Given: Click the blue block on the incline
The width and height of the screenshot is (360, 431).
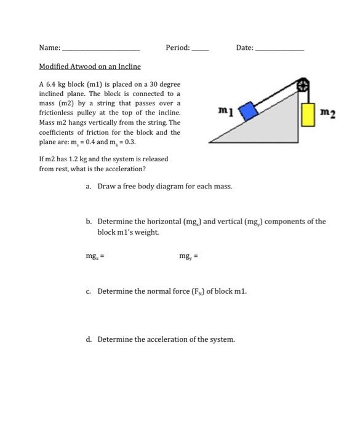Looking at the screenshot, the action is [x=249, y=111].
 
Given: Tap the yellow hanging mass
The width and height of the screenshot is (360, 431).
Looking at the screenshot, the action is [x=308, y=115].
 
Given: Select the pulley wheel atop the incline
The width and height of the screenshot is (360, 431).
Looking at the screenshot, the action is [x=303, y=85].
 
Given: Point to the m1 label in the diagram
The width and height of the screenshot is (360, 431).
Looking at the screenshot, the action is [x=226, y=111].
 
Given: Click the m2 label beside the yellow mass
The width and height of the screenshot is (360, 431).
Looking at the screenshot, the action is [x=328, y=113].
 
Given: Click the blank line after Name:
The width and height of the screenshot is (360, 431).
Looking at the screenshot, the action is [x=102, y=50].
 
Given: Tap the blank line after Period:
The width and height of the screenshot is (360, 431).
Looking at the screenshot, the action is [x=201, y=50].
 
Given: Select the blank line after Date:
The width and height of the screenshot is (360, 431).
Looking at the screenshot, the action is [x=280, y=50].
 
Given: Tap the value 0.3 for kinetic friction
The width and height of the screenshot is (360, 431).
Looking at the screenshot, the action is [x=130, y=142].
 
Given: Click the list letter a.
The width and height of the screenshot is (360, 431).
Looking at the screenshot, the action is [x=88, y=187].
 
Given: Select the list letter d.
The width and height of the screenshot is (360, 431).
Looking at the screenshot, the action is [x=89, y=339].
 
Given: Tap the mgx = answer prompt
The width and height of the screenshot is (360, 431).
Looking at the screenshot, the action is [x=95, y=256].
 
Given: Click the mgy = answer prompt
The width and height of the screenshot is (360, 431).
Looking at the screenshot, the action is [x=188, y=256].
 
